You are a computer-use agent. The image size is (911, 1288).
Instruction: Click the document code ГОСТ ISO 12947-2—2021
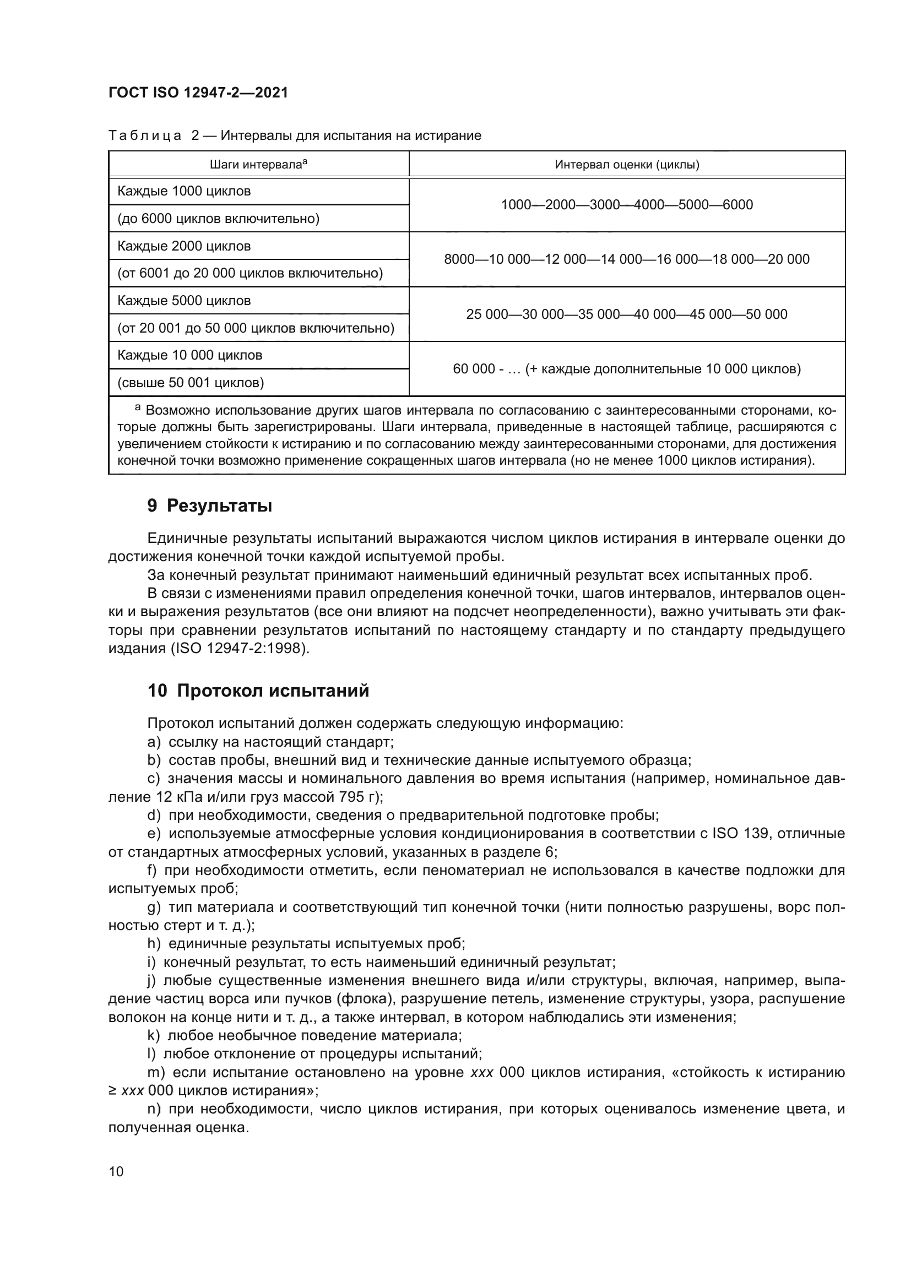(198, 93)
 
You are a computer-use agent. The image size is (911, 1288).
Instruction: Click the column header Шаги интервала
(258, 164)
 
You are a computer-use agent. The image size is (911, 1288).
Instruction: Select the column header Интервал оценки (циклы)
(627, 164)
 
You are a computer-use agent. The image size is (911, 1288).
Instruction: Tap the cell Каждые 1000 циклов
(184, 191)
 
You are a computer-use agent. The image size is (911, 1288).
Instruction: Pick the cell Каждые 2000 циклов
(184, 246)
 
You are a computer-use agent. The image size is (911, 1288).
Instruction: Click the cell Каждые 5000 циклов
(184, 301)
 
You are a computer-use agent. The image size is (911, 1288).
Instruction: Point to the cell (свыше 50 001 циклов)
(191, 383)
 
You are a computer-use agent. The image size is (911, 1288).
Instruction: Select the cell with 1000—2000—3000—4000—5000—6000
(627, 205)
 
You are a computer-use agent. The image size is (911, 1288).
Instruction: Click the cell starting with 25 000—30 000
(627, 314)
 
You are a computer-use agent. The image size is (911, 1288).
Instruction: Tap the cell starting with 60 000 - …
(627, 368)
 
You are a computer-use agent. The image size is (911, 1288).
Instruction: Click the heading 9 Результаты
(210, 506)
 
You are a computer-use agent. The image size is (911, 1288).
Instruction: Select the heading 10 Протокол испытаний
(258, 691)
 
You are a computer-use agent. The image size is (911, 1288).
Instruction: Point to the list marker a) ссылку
(154, 742)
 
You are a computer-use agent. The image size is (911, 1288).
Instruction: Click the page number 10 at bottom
(116, 1172)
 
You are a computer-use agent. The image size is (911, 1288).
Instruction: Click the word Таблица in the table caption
(145, 136)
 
